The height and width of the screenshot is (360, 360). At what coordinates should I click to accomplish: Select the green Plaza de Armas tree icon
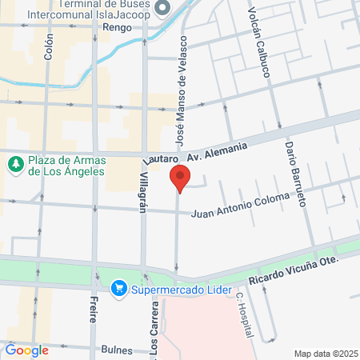(x=14, y=164)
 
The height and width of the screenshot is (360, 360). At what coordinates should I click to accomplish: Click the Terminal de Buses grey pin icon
(x=163, y=8)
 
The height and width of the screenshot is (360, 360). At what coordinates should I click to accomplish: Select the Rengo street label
(x=118, y=26)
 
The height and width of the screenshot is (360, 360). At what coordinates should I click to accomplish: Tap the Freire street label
(x=94, y=308)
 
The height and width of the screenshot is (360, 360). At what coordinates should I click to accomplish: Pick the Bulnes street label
(x=118, y=350)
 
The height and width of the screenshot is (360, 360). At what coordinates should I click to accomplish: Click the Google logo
(x=27, y=350)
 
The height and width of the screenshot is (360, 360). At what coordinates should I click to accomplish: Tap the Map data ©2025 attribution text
(x=324, y=353)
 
